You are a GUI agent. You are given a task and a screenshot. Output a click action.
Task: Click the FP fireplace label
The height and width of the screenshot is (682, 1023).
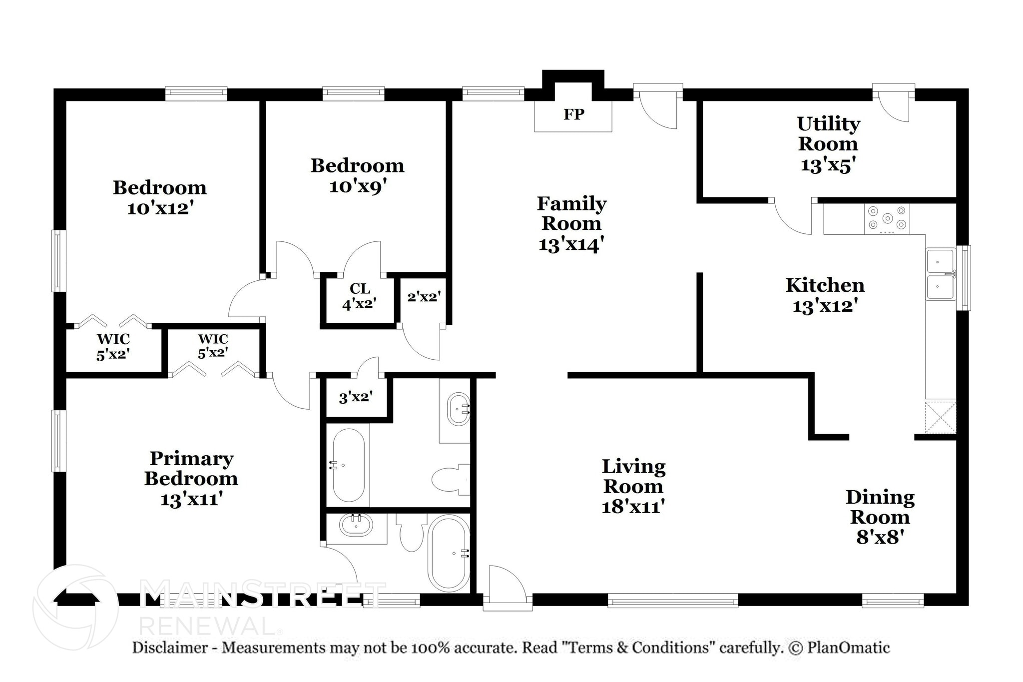click(x=573, y=115)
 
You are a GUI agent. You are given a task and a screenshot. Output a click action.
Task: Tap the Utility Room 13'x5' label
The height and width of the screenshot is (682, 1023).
click(x=828, y=144)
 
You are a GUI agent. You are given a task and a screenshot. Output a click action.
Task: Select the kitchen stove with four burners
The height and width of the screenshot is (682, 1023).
click(x=887, y=219)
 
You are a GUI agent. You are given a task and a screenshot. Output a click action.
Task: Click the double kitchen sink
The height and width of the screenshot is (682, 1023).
click(x=940, y=274)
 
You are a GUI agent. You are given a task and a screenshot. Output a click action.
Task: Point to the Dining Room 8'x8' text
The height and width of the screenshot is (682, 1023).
click(x=880, y=517)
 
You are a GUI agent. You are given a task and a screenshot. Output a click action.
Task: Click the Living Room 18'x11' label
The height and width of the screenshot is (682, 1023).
click(x=633, y=486)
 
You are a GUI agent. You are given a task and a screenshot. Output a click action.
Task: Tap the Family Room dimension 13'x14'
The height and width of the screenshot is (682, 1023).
click(x=571, y=245)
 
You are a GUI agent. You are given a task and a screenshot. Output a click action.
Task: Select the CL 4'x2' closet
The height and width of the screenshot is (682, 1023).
click(x=359, y=296)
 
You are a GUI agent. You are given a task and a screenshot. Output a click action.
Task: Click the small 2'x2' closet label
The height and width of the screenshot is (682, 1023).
click(x=424, y=297)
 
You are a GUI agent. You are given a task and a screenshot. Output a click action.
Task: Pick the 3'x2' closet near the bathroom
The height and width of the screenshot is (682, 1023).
click(x=356, y=398)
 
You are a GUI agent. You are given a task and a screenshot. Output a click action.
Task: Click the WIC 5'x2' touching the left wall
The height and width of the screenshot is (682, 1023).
click(x=113, y=347)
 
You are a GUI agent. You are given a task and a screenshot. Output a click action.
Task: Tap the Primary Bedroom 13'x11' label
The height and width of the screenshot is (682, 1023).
click(x=191, y=478)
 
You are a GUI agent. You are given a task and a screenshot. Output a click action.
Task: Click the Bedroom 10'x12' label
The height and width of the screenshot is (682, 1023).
click(x=160, y=197)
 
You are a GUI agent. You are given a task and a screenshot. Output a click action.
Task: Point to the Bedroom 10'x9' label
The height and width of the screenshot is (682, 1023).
click(x=358, y=175)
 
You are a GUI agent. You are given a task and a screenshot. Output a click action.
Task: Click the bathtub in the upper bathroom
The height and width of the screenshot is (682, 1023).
click(x=348, y=465)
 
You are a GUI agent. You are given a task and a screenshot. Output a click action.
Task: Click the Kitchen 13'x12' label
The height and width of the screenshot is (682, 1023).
click(x=825, y=295)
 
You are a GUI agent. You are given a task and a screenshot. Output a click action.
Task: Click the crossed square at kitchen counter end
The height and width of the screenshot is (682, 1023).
click(x=940, y=417)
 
